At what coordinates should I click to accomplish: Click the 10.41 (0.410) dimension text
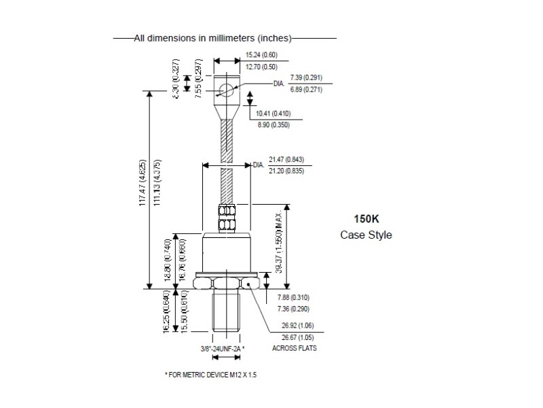pyautogui.click(x=274, y=113)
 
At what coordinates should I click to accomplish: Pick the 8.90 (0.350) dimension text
pyautogui.click(x=273, y=125)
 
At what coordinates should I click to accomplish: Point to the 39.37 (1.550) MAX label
pyautogui.click(x=297, y=237)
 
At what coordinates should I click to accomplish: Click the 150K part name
pyautogui.click(x=366, y=220)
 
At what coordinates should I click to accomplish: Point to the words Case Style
pyautogui.click(x=366, y=235)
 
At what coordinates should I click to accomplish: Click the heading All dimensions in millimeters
pyautogui.click(x=213, y=39)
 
